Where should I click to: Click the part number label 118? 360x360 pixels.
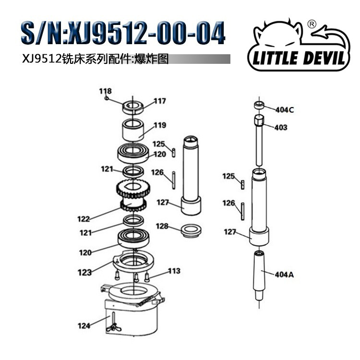coord(105,91)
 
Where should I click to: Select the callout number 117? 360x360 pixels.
coord(160,101)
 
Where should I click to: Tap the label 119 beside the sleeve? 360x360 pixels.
coord(160,125)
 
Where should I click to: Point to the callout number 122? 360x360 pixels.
coord(84,219)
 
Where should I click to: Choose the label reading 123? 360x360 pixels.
coord(84,273)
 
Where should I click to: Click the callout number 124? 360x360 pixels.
coord(84,326)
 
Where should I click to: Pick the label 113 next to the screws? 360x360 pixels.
coord(174,271)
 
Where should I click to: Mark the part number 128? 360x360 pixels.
coord(162,226)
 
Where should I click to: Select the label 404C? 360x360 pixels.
coord(285,109)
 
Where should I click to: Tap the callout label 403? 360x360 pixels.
coord(281,127)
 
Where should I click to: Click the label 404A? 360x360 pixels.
coord(284,275)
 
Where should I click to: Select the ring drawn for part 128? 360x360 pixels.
coord(191,230)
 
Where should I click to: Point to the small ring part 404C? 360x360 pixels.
coord(259,105)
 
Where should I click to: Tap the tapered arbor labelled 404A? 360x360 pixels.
coord(260,274)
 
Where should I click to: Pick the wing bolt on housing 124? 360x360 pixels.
coord(113,328)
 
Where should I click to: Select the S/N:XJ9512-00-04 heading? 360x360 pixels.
coord(122,34)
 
